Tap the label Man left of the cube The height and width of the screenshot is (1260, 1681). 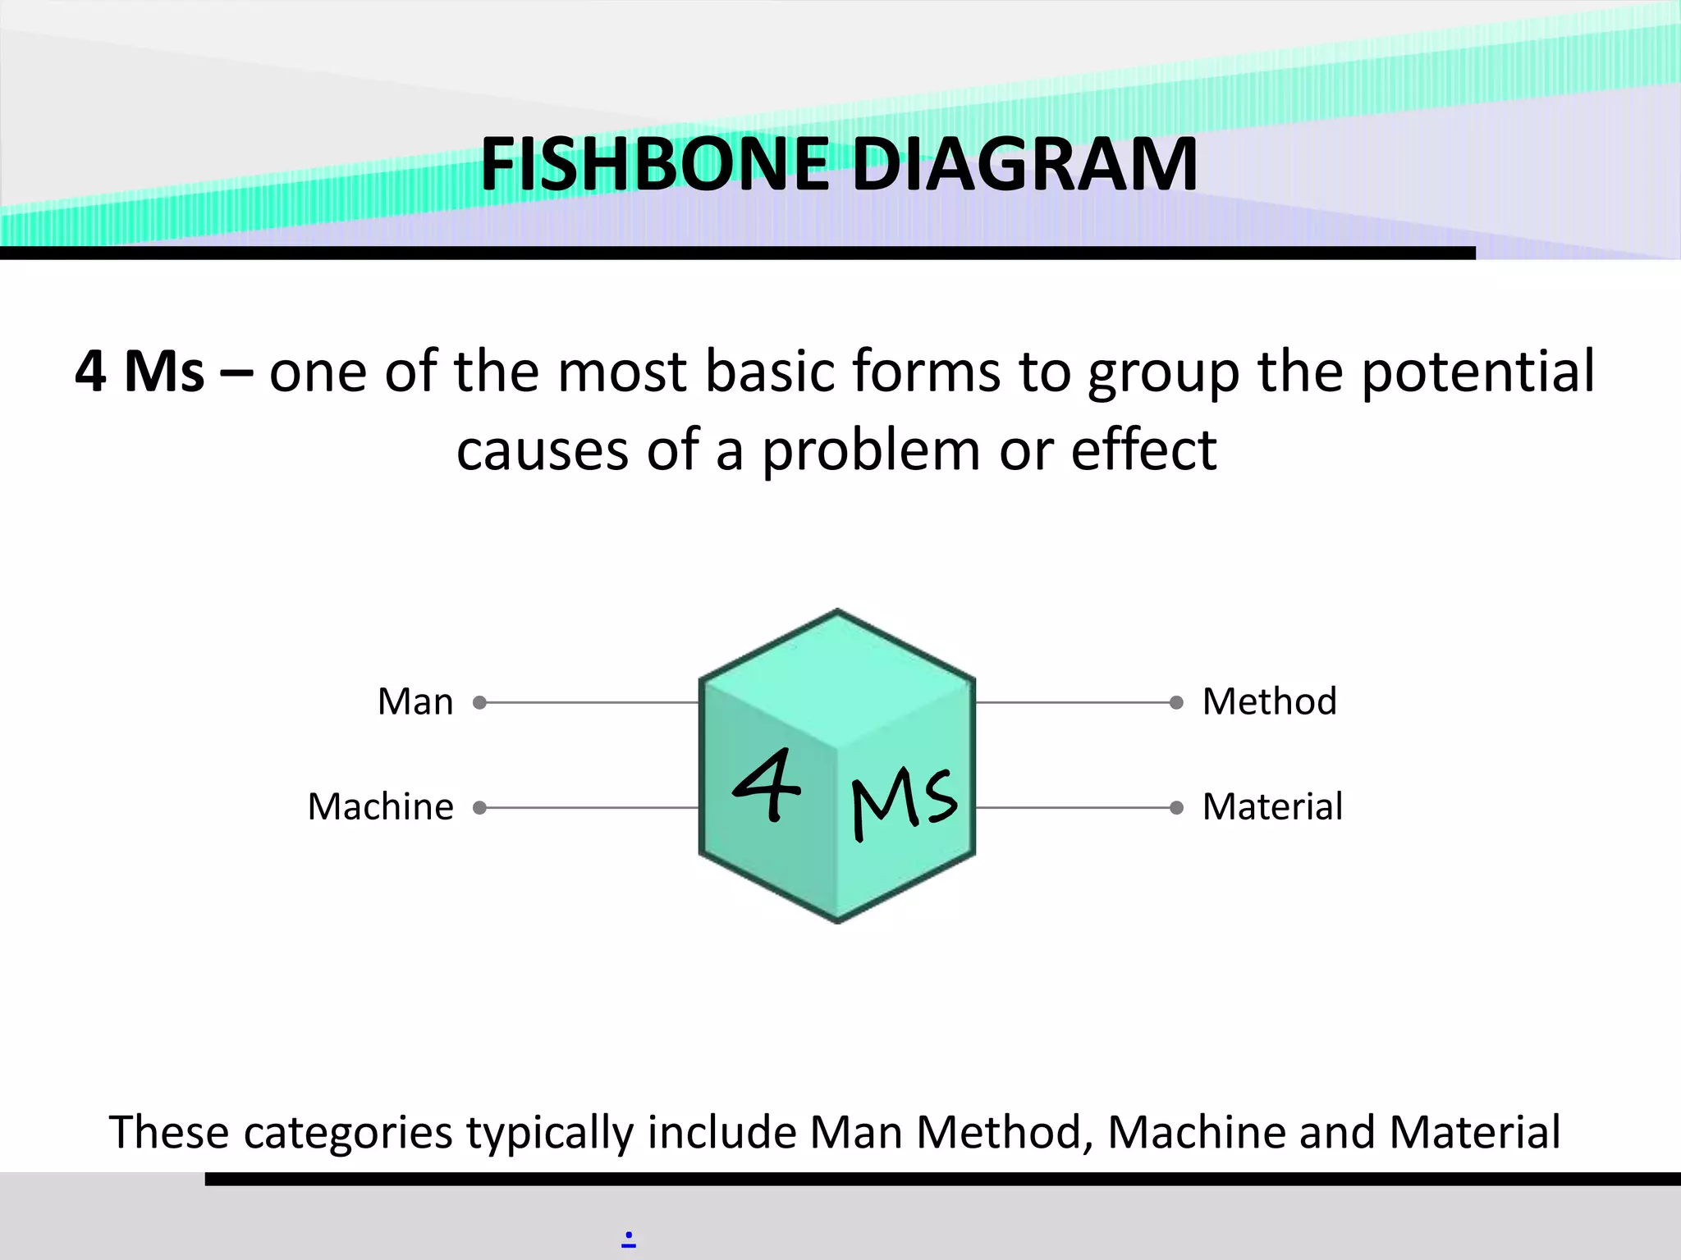(415, 702)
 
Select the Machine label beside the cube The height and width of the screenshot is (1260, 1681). (381, 807)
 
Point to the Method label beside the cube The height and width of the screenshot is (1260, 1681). (1270, 702)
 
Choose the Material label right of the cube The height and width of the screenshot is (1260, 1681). (1273, 807)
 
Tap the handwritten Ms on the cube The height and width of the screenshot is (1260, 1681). (904, 802)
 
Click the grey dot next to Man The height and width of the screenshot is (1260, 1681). (480, 702)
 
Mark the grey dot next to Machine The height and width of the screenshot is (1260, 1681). (480, 808)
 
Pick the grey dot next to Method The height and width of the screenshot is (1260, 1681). (1176, 702)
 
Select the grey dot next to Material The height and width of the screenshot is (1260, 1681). (1176, 808)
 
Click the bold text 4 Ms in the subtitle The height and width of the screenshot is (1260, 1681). (140, 372)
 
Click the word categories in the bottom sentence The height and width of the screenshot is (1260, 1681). (348, 1134)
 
